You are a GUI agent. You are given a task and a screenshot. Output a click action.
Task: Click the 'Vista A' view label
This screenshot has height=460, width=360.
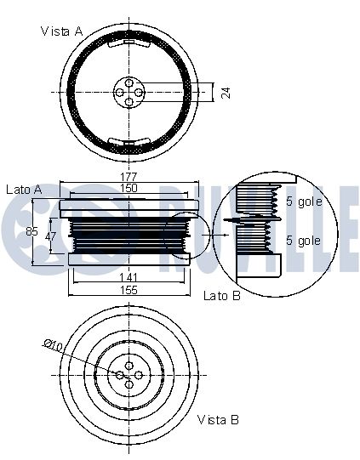(62, 31)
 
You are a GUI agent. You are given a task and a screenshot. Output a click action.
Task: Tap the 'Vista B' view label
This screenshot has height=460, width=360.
(218, 420)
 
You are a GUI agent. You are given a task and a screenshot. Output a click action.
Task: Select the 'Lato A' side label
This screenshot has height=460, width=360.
(24, 190)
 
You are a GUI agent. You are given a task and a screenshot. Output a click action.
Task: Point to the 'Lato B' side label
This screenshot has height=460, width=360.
(222, 295)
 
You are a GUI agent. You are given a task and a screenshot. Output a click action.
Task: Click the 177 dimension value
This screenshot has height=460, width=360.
(129, 177)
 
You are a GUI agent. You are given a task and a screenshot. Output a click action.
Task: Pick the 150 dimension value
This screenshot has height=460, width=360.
(129, 188)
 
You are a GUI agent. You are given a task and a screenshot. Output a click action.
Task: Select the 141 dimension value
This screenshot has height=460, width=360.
(129, 277)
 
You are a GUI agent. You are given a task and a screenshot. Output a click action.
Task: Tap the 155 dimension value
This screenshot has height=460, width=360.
(129, 290)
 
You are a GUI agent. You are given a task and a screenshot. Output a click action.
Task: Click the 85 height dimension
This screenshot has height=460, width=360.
(31, 231)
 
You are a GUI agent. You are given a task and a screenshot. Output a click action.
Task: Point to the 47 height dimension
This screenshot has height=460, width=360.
(50, 236)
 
